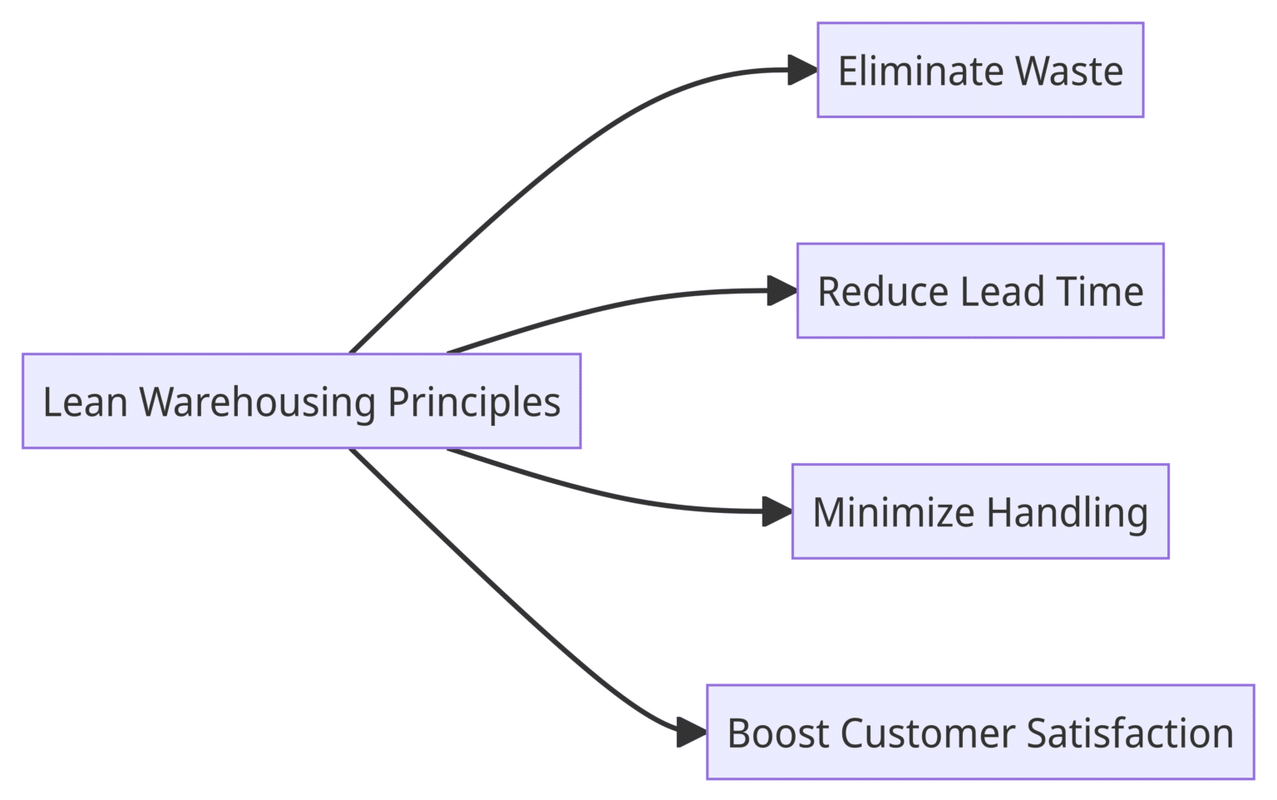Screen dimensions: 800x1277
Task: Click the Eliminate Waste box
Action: [980, 70]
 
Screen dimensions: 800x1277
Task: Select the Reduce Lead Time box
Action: [980, 291]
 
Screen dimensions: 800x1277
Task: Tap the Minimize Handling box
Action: [980, 511]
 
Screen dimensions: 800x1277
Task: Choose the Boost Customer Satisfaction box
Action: [980, 732]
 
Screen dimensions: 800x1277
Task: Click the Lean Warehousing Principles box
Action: [301, 401]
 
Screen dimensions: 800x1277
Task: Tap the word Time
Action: [1100, 292]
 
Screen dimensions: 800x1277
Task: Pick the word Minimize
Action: [894, 512]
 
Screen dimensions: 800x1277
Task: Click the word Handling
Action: [1067, 512]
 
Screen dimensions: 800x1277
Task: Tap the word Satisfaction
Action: [1130, 733]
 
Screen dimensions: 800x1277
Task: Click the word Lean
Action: [85, 402]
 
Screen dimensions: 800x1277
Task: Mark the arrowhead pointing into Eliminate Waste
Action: [802, 71]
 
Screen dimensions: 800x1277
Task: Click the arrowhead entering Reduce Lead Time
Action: [782, 291]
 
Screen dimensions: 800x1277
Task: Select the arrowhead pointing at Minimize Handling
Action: [777, 511]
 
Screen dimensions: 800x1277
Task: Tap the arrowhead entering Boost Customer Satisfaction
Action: [692, 732]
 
